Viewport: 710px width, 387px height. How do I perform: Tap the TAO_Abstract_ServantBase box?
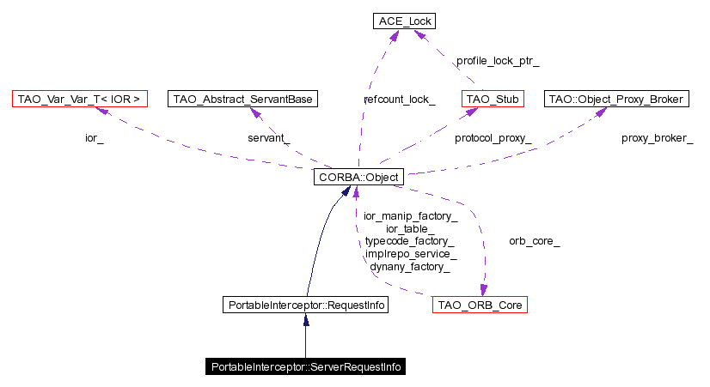243,100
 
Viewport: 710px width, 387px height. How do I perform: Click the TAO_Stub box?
493,100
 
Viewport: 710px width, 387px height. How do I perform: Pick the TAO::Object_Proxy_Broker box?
616,100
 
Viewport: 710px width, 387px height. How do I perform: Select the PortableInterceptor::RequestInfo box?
305,305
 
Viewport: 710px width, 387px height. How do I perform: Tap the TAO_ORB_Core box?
480,305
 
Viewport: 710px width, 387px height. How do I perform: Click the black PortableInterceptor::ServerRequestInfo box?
305,366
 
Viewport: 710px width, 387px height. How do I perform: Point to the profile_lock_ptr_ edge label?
498,62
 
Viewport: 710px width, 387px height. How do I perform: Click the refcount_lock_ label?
399,100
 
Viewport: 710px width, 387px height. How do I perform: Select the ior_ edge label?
94,138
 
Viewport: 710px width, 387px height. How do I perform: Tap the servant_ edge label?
269,138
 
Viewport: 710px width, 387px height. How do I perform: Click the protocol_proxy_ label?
493,138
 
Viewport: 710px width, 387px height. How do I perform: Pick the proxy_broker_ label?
657,138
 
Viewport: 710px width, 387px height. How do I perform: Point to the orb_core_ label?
534,242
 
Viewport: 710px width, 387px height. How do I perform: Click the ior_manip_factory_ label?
409,217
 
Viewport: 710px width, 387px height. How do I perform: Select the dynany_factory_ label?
409,267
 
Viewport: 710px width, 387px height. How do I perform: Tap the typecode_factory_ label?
409,242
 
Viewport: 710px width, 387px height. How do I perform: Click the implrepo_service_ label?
409,255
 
